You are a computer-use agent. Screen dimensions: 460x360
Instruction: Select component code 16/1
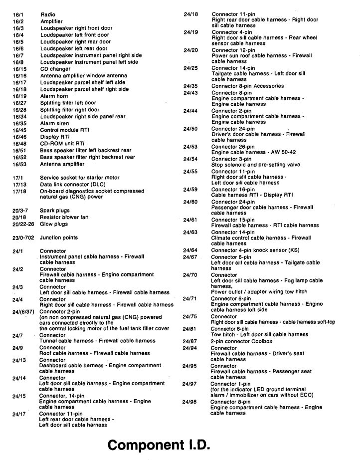[19, 15]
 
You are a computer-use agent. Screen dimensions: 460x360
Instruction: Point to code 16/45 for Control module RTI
[20, 130]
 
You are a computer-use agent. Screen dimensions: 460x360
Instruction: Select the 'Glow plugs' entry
[54, 224]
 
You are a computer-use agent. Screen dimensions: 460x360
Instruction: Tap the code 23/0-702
[23, 238]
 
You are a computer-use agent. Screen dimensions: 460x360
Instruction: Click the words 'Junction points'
[59, 238]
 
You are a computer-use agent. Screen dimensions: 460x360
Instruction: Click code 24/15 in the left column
[19, 396]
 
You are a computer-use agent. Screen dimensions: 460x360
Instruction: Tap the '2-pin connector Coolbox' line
[242, 341]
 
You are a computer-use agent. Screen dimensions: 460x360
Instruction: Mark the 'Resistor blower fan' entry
[64, 218]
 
